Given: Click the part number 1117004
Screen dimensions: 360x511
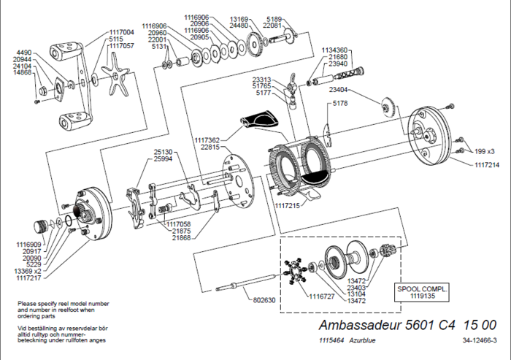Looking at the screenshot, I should point(121,32).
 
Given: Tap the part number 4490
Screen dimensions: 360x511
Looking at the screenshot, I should point(23,53).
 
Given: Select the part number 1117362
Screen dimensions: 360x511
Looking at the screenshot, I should point(209,140).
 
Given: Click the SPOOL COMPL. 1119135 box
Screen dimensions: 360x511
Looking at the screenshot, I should point(423,292).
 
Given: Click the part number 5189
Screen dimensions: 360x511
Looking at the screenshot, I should point(274,18).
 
